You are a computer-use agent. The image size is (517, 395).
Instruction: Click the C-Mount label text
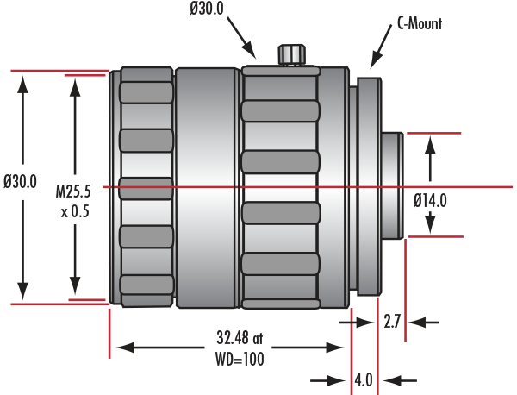(x=420, y=23)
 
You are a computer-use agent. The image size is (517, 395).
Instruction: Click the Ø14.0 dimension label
(x=430, y=200)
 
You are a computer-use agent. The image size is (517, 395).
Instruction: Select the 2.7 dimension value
(x=392, y=322)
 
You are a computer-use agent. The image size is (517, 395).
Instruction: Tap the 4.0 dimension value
(x=364, y=380)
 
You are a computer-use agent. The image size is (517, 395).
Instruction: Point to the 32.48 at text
(x=240, y=337)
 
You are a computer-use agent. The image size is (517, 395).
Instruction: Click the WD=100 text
(x=240, y=359)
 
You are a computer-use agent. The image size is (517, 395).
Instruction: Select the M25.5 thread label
(x=73, y=191)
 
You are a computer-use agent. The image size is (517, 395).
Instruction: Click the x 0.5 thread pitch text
(x=75, y=211)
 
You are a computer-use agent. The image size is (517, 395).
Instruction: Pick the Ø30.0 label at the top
(x=207, y=9)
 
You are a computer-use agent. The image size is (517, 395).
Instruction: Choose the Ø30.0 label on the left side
(x=20, y=181)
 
